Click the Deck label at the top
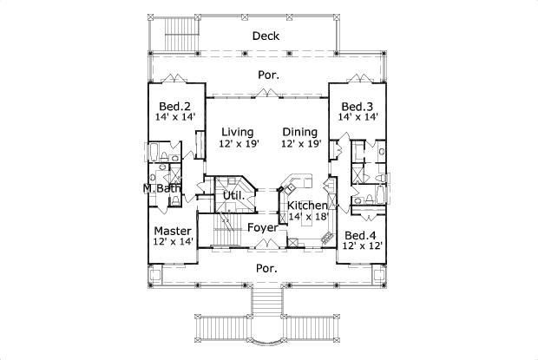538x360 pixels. [265, 36]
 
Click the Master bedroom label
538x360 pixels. [173, 231]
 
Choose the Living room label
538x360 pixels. [237, 132]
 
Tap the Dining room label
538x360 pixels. [300, 132]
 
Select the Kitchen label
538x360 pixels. [307, 206]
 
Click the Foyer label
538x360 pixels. [262, 227]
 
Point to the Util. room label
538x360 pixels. [234, 196]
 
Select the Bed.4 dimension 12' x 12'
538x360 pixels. [362, 246]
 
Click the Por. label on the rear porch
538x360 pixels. [268, 75]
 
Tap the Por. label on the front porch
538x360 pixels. [266, 268]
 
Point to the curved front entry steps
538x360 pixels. [268, 321]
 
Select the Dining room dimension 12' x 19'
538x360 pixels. [300, 144]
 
